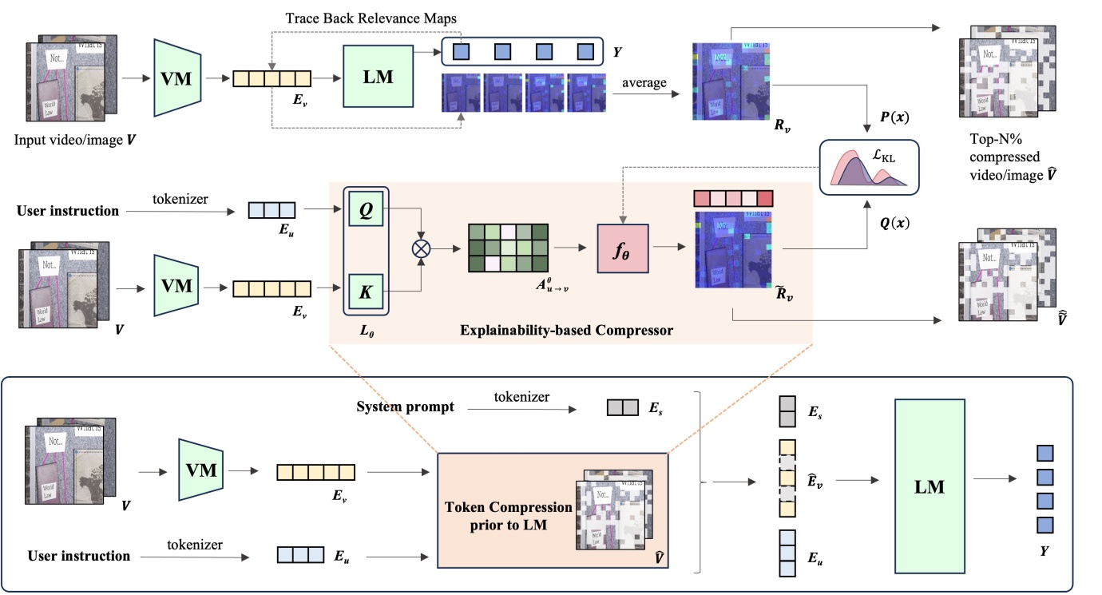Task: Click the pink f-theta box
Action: tap(623, 248)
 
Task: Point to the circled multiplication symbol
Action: tap(421, 248)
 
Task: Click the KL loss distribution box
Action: tap(869, 166)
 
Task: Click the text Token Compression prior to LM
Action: tap(509, 515)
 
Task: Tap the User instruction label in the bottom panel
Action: tap(79, 556)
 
